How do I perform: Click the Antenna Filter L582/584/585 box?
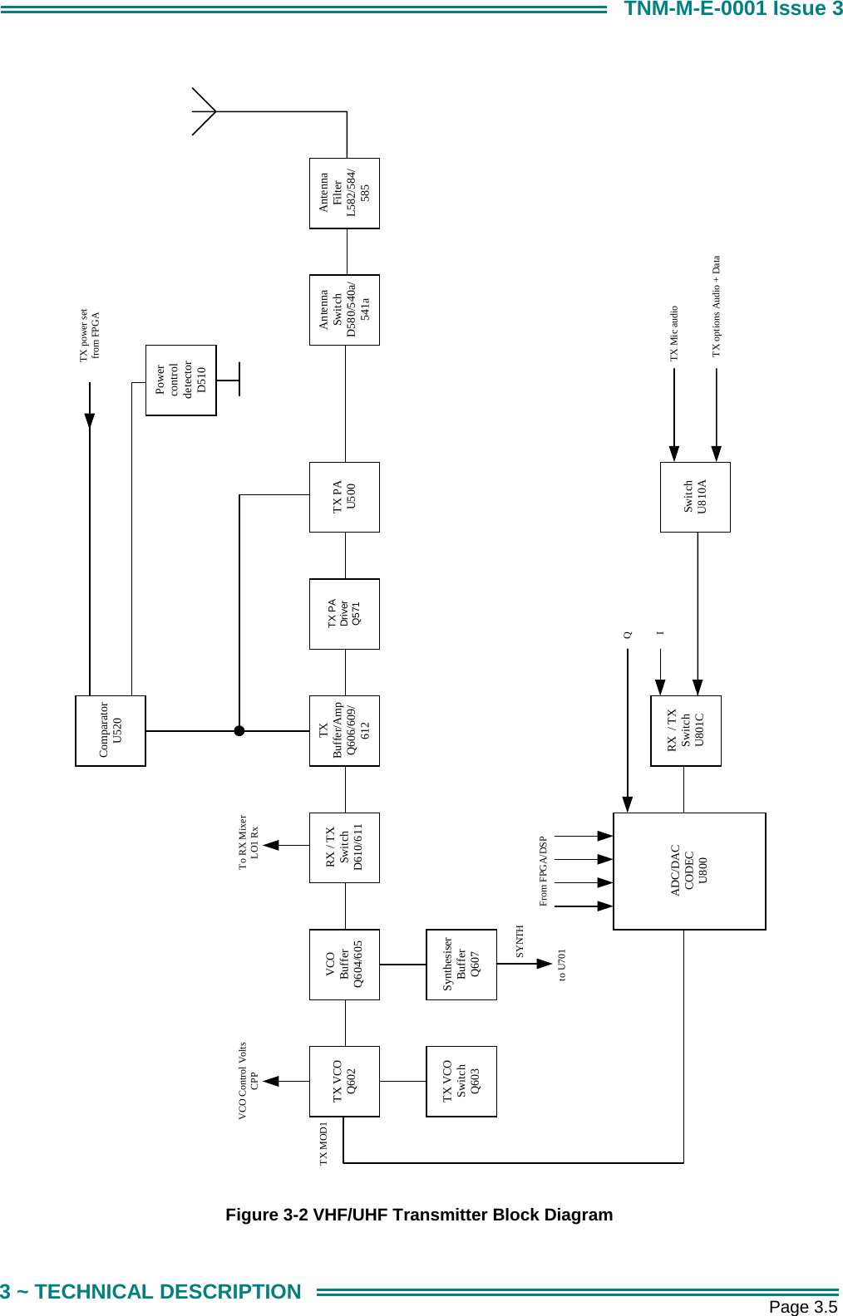coord(344,194)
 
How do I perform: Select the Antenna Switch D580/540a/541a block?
coord(344,310)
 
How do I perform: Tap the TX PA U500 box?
coord(344,497)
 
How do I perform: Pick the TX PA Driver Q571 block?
coord(344,614)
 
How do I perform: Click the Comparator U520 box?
coord(111,730)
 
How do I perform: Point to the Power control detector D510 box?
coord(180,380)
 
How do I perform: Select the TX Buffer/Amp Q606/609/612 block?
coord(344,730)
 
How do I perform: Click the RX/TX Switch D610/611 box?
coord(344,847)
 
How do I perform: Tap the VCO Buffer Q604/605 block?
coord(344,964)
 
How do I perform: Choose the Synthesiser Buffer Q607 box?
coord(461,964)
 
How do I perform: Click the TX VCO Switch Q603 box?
coord(461,1081)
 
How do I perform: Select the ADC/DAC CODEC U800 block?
coord(689,871)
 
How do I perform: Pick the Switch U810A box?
coord(695,497)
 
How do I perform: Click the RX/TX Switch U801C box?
coord(686,730)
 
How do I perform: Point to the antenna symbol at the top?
coord(205,111)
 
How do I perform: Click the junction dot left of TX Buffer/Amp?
coord(239,731)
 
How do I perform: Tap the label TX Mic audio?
coord(674,333)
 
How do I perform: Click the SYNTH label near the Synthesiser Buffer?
coord(520,941)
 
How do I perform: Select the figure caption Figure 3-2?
coord(419,1215)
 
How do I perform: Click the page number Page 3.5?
coord(802,1307)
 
